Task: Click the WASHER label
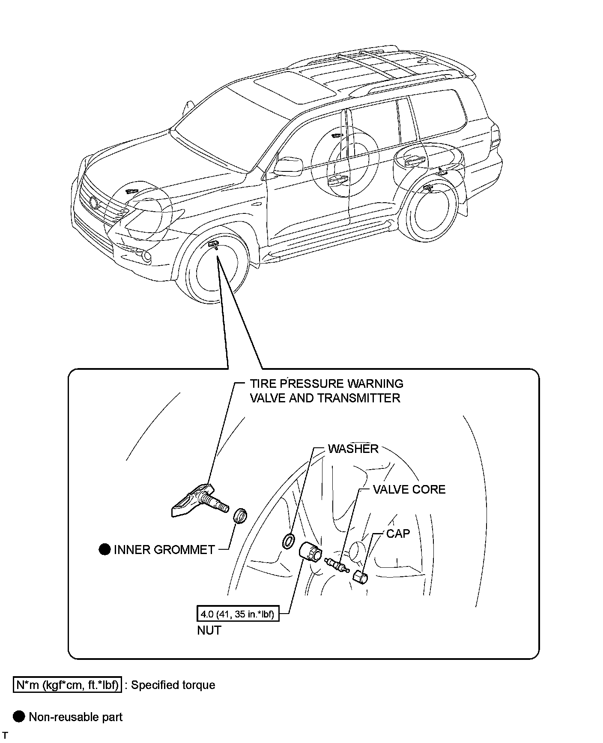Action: point(353,449)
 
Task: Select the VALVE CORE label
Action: point(409,489)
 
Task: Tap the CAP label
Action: point(398,533)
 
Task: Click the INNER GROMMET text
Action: point(164,550)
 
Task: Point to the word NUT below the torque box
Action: point(209,630)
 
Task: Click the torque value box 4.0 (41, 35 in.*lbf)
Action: point(237,614)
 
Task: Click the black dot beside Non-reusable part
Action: point(19,717)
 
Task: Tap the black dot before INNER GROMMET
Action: point(104,549)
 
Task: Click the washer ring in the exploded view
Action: point(288,541)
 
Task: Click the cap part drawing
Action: point(361,577)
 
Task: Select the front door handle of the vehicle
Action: point(337,180)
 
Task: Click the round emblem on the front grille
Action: point(94,202)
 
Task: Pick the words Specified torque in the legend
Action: point(173,685)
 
